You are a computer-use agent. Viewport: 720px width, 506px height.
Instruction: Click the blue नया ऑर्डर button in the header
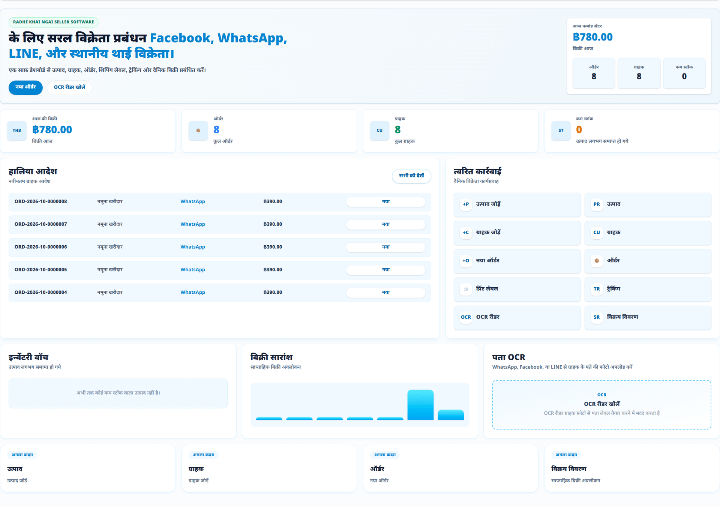coord(25,87)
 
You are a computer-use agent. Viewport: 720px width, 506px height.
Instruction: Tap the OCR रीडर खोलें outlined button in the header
coord(69,87)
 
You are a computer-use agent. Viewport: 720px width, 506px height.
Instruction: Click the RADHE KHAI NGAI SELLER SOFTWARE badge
coord(54,22)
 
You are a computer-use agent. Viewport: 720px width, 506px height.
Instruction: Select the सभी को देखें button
coord(411,176)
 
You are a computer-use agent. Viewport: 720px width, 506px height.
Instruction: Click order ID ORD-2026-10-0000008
coord(40,202)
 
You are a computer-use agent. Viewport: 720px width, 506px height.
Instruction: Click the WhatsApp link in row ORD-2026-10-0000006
coord(193,247)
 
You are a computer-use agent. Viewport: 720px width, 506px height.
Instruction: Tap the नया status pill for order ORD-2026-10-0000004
coord(385,293)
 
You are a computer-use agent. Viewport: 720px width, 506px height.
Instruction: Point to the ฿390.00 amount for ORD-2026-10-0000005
coord(273,270)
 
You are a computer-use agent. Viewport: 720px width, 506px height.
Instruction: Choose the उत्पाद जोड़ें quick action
coord(517,205)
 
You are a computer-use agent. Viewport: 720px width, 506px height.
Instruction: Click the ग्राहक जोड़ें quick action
coord(517,233)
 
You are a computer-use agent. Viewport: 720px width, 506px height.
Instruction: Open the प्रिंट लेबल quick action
coord(517,289)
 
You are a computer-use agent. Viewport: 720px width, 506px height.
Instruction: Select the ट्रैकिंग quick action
coord(648,289)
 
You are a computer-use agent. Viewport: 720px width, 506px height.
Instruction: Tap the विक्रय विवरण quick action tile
coord(648,317)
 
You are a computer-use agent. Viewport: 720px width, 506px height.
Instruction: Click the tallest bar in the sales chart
coord(420,405)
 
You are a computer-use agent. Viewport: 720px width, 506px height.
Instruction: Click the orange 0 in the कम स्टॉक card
coord(579,130)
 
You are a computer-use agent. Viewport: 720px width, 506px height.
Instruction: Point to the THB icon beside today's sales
coord(17,131)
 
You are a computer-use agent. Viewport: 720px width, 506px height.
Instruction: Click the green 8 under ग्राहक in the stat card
coord(398,130)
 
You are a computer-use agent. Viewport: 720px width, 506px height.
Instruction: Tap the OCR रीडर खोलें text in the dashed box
coord(601,404)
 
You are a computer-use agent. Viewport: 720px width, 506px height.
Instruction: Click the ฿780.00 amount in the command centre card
coord(592,37)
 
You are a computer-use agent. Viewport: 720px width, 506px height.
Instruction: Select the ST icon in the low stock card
coord(561,131)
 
